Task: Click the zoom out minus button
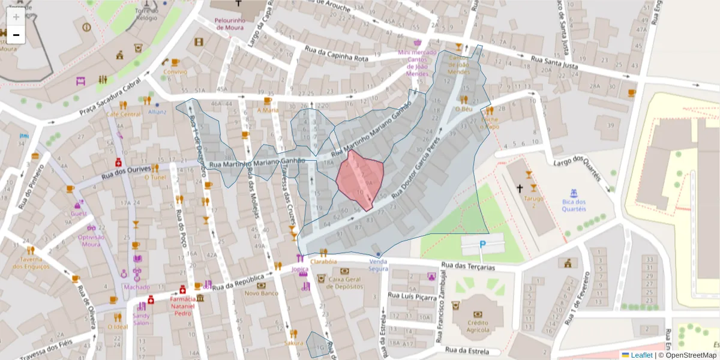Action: coord(16,35)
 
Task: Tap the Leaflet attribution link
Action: coord(641,355)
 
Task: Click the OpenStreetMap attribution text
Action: coord(691,355)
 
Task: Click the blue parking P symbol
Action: coord(482,244)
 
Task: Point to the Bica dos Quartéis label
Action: coord(574,205)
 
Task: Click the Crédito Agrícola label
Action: coord(478,326)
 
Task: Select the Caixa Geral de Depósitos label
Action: coord(345,283)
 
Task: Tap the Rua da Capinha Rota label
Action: coord(336,55)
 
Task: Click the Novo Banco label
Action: coord(261,293)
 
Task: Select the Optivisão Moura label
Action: coord(91,241)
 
